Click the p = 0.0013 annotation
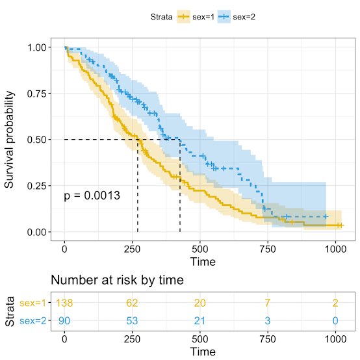pos(92,196)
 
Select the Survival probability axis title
pos(10,140)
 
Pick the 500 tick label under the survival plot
pos(200,248)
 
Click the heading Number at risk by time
pos(117,280)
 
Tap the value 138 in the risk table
pos(64,303)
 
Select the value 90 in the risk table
pos(64,320)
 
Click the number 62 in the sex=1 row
pos(133,303)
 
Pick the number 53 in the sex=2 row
pos(133,320)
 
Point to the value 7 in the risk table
pos(268,303)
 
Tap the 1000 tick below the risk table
pos(336,338)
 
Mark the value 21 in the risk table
pos(200,320)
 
